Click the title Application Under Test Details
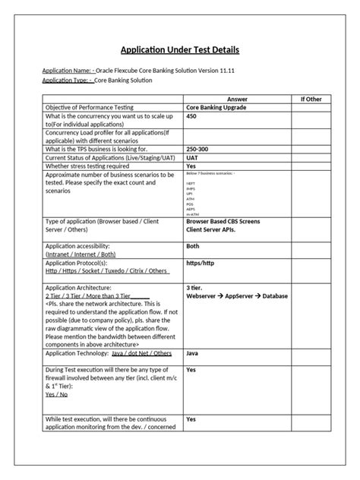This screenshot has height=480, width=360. [180, 50]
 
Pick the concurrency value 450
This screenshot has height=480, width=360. [191, 117]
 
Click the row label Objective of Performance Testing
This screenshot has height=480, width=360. [95, 109]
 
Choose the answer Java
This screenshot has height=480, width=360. [193, 354]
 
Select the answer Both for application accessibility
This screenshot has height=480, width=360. [194, 246]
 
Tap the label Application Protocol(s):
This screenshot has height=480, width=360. [82, 261]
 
